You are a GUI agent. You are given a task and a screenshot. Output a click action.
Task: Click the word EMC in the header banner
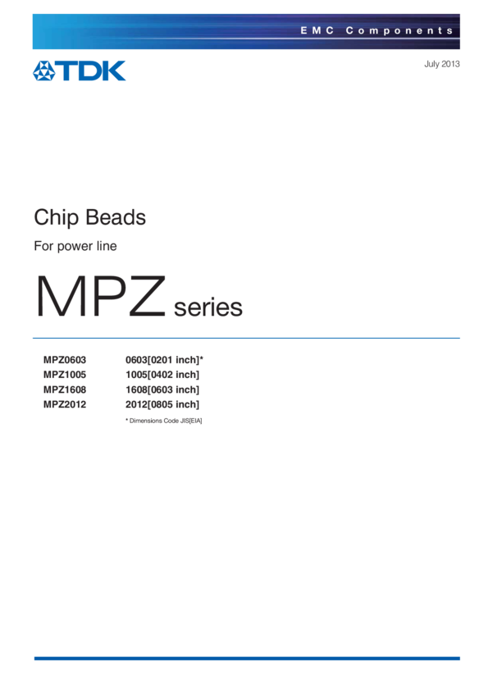pyautogui.click(x=314, y=30)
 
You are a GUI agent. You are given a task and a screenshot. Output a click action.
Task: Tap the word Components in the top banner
pyautogui.click(x=399, y=30)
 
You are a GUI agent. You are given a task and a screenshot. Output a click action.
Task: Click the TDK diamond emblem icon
pyautogui.click(x=43, y=71)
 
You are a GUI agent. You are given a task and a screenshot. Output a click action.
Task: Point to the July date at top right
pyautogui.click(x=441, y=64)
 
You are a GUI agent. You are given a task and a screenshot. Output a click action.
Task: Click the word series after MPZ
pyautogui.click(x=208, y=307)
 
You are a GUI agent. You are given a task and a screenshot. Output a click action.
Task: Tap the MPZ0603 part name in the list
pyautogui.click(x=65, y=360)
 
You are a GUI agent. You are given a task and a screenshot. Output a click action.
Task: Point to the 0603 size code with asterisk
pyautogui.click(x=163, y=360)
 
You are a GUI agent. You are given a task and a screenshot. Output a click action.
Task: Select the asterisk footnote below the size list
pyautogui.click(x=163, y=421)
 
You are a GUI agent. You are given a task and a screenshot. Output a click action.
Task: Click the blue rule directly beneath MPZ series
pyautogui.click(x=246, y=338)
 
